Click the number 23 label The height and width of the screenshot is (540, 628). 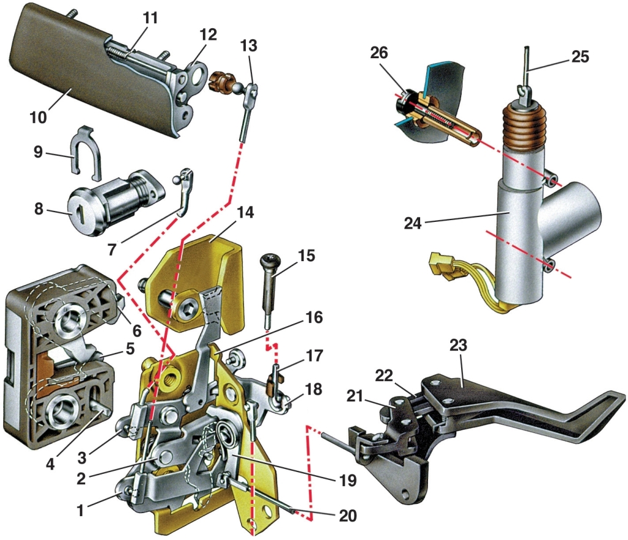tap(458, 346)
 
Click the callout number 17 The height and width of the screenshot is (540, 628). tap(314, 354)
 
